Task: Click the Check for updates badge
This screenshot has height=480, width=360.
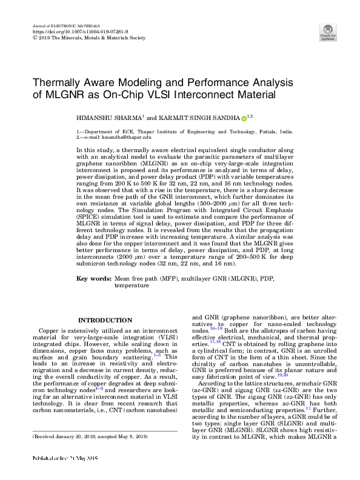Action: coord(328,33)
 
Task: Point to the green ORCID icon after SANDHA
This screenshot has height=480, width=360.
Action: coord(244,118)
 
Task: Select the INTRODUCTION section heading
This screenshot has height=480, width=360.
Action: coord(105,320)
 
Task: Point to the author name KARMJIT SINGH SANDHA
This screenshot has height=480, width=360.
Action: coord(198,118)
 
